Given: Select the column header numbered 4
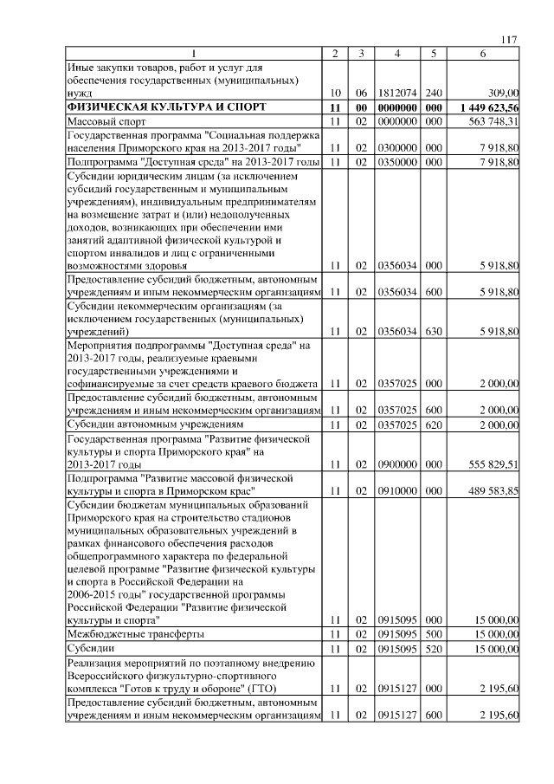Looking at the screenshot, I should (396, 55).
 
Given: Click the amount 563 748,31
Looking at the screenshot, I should (491, 122).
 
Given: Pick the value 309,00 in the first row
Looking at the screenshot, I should (502, 92).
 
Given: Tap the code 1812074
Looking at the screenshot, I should (396, 92).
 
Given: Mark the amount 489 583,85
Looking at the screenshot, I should (491, 490).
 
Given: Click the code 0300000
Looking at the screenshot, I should (396, 148).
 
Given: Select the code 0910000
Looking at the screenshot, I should (396, 490).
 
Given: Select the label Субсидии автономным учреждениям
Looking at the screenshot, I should (155, 424).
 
